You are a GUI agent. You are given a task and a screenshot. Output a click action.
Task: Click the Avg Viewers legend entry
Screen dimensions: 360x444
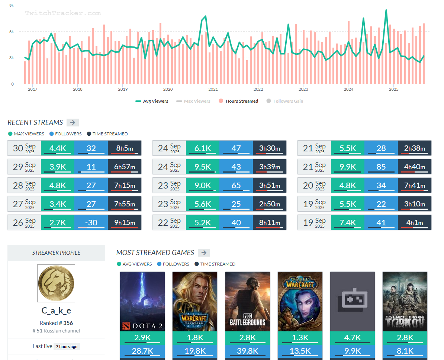coord(152,101)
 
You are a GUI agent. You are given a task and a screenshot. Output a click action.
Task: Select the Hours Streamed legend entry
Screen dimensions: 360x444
coord(238,101)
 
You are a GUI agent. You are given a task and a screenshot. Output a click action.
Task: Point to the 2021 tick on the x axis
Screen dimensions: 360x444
coord(213,89)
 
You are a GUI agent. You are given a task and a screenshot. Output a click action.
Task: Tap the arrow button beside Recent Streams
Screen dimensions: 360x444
coord(73,122)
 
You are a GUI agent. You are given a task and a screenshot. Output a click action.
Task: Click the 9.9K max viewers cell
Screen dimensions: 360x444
coord(347,167)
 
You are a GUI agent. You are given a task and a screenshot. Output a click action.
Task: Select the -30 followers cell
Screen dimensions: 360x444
coord(91,223)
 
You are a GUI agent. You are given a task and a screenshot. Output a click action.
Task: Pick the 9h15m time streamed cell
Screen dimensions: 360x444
coord(125,223)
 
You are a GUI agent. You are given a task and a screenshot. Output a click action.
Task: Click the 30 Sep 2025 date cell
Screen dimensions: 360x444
coord(24,148)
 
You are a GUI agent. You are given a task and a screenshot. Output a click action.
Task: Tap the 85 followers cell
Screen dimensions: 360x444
coord(381,167)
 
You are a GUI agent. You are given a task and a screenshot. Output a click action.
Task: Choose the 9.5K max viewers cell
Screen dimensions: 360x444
coord(202,167)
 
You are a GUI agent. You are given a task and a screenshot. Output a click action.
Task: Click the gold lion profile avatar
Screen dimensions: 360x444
coord(56,283)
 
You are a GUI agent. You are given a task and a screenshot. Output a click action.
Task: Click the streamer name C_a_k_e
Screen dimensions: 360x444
coord(56,311)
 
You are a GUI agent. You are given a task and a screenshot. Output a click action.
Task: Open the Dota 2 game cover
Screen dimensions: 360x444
coord(142,301)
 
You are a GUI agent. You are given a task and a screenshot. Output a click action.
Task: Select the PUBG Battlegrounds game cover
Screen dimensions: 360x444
coord(248,301)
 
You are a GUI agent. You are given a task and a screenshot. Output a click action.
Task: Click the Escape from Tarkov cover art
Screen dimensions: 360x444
coord(405,301)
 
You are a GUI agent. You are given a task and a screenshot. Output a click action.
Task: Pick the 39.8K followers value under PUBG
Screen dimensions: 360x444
coord(248,351)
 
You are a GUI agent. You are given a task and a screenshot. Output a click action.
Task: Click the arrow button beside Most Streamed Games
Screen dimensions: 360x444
coord(204,253)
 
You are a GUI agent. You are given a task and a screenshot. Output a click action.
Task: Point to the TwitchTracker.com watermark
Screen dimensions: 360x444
coord(63,13)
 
